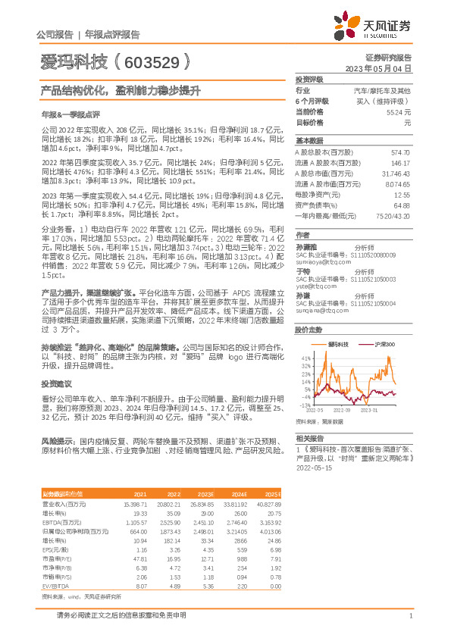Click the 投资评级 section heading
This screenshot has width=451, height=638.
click(309, 79)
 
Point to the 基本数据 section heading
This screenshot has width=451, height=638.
click(309, 141)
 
